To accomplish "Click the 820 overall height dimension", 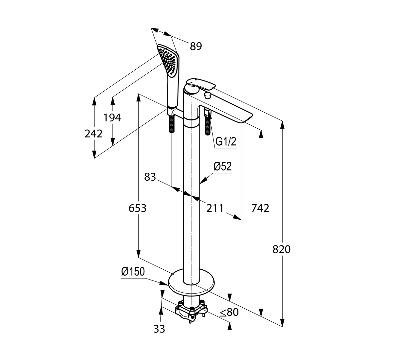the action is (281, 249).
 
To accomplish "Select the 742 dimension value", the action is (260, 208).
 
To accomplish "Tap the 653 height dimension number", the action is (138, 208).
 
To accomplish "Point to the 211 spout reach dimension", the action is (215, 208).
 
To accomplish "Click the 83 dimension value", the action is (150, 177).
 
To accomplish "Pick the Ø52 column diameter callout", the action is (223, 166).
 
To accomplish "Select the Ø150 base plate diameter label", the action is (133, 272).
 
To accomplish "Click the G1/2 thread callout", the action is (226, 141).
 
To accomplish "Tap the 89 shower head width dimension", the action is (196, 46).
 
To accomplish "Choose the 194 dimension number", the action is (112, 118).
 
